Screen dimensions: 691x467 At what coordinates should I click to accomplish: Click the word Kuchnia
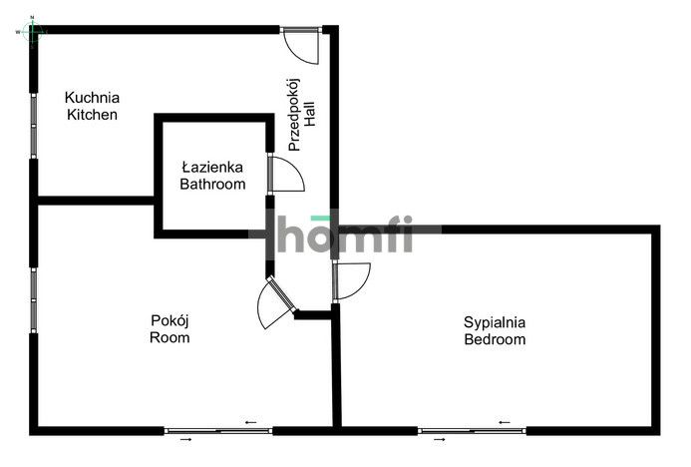92,98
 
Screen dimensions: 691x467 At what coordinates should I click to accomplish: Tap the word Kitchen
92,115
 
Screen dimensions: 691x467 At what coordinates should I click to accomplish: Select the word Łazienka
212,167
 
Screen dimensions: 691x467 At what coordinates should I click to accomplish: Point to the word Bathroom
212,184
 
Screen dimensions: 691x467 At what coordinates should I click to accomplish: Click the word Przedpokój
294,115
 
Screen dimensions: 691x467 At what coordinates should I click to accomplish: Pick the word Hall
310,114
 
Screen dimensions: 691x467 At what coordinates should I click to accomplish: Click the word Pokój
170,321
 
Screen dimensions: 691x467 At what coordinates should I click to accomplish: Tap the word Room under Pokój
170,338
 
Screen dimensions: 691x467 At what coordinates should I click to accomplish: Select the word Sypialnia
495,322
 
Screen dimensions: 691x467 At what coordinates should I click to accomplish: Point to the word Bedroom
495,339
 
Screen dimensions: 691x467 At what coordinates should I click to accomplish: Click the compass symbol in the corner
32,31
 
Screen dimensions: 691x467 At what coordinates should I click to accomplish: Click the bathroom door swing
285,174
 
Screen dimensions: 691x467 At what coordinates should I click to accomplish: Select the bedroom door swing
351,281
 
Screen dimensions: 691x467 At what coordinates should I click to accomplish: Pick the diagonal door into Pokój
276,302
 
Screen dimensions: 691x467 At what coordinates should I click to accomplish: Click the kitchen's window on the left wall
34,126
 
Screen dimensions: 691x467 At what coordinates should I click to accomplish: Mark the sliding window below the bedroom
472,431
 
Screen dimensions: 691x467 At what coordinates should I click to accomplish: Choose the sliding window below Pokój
218,431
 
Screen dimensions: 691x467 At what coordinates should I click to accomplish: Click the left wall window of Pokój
34,300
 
